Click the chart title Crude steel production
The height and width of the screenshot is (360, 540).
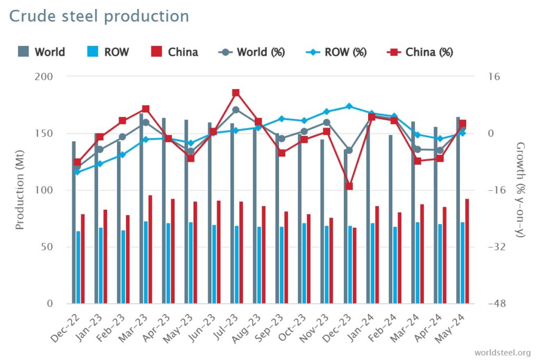click(99, 16)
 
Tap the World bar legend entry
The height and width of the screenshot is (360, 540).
click(42, 52)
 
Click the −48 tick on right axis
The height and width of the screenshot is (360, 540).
click(497, 304)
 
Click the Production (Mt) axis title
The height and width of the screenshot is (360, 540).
click(20, 190)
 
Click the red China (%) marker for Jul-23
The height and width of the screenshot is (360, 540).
click(236, 93)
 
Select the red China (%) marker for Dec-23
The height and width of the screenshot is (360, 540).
click(349, 186)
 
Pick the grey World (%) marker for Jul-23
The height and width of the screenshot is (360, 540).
click(236, 110)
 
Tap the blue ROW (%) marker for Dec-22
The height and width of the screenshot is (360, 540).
click(78, 172)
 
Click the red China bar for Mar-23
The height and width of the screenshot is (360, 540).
click(150, 249)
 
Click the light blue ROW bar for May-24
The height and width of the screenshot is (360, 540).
click(462, 262)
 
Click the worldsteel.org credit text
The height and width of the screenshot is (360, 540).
click(502, 352)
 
